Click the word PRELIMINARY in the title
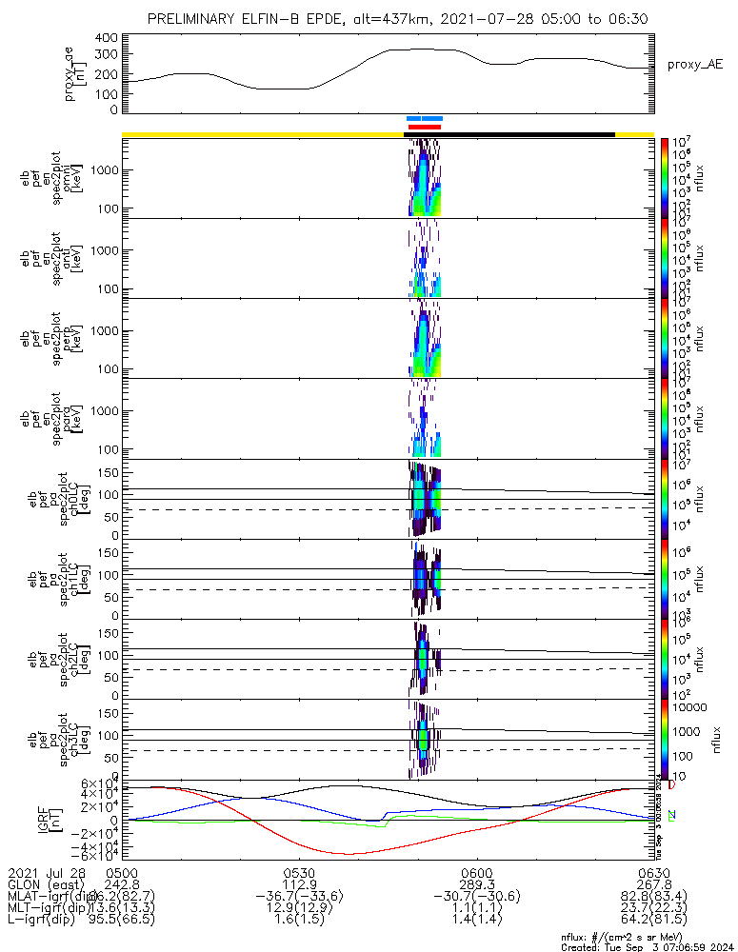coord(190,20)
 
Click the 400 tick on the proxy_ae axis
coord(107,38)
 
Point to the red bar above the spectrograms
coord(424,126)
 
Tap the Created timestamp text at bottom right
coord(648,946)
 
